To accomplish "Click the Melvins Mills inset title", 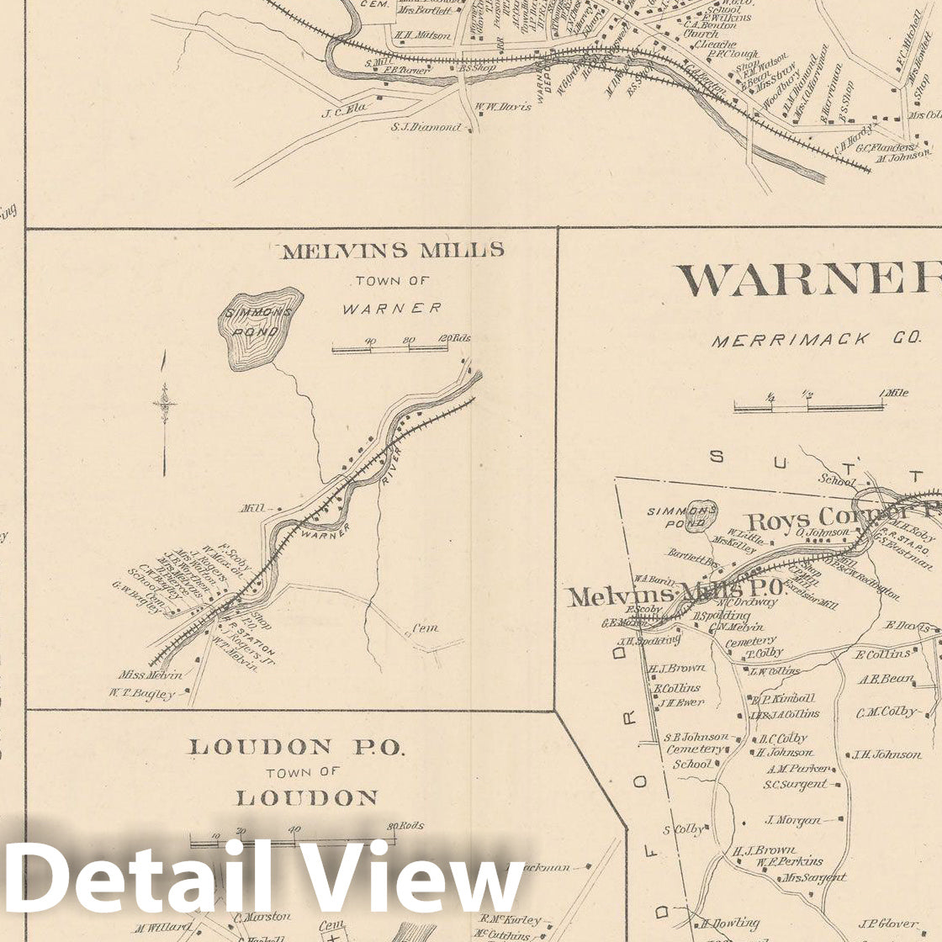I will (393, 251).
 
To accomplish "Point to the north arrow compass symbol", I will (165, 405).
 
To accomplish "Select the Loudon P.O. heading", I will (296, 747).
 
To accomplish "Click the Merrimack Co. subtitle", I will (816, 341).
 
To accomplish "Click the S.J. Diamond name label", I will (426, 127).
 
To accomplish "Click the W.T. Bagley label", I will (141, 694).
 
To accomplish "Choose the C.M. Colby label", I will (886, 712).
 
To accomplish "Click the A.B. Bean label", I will (886, 679).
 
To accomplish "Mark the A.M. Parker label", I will (797, 768).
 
